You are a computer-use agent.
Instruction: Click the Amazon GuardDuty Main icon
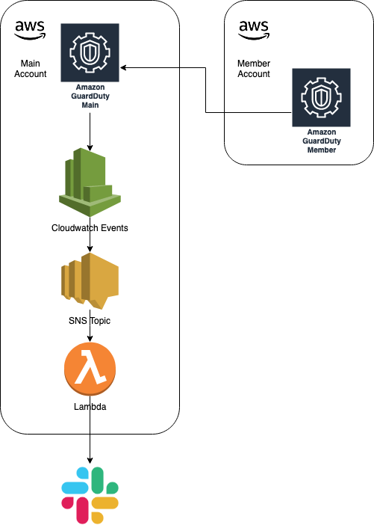click(90, 52)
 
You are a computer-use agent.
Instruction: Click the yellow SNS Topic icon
click(90, 281)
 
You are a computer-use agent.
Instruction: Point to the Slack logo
click(90, 494)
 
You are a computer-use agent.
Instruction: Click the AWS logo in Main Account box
click(29, 31)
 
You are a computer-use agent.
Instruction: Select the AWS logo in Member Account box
click(254, 30)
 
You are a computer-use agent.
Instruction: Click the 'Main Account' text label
click(30, 69)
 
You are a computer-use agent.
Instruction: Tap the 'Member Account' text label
click(254, 69)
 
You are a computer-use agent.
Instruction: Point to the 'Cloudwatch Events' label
click(90, 228)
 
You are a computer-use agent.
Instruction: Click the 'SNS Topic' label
click(90, 320)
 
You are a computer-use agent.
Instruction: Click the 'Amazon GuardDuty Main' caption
click(90, 96)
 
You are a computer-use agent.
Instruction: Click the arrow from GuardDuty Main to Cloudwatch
click(90, 130)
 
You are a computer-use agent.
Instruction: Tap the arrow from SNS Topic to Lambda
click(90, 334)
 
